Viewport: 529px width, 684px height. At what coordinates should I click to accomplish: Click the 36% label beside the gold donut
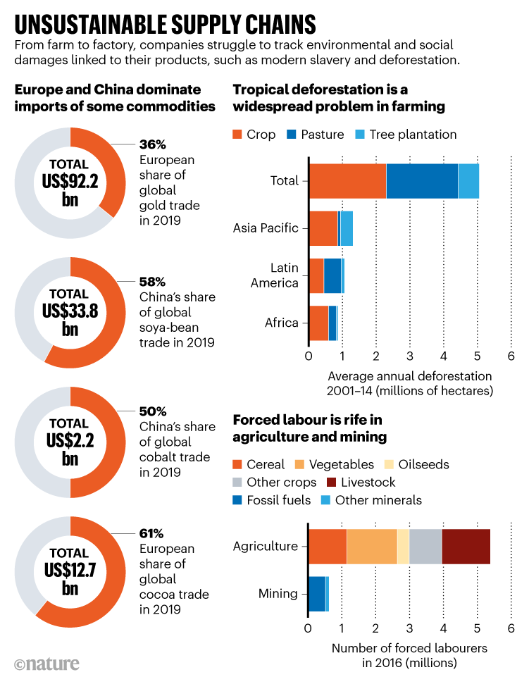point(151,144)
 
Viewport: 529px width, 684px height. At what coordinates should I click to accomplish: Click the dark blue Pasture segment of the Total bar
point(421,180)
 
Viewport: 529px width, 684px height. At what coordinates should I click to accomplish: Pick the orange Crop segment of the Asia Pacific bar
point(323,228)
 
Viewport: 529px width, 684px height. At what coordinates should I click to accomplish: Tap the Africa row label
point(281,323)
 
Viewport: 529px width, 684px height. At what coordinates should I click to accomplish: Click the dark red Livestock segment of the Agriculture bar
point(466,546)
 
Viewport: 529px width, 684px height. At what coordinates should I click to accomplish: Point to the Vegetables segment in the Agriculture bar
point(371,546)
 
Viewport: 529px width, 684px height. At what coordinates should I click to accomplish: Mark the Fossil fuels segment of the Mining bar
point(317,594)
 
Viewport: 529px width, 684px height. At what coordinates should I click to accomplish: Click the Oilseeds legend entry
point(423,464)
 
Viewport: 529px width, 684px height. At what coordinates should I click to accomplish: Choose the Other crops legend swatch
point(239,483)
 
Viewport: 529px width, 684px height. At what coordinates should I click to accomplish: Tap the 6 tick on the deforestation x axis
point(511,356)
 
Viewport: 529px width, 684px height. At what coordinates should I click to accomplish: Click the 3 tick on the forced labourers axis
point(409,628)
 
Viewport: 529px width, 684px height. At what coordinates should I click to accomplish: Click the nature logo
point(46,664)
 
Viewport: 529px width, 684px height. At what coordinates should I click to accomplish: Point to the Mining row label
point(278,594)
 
